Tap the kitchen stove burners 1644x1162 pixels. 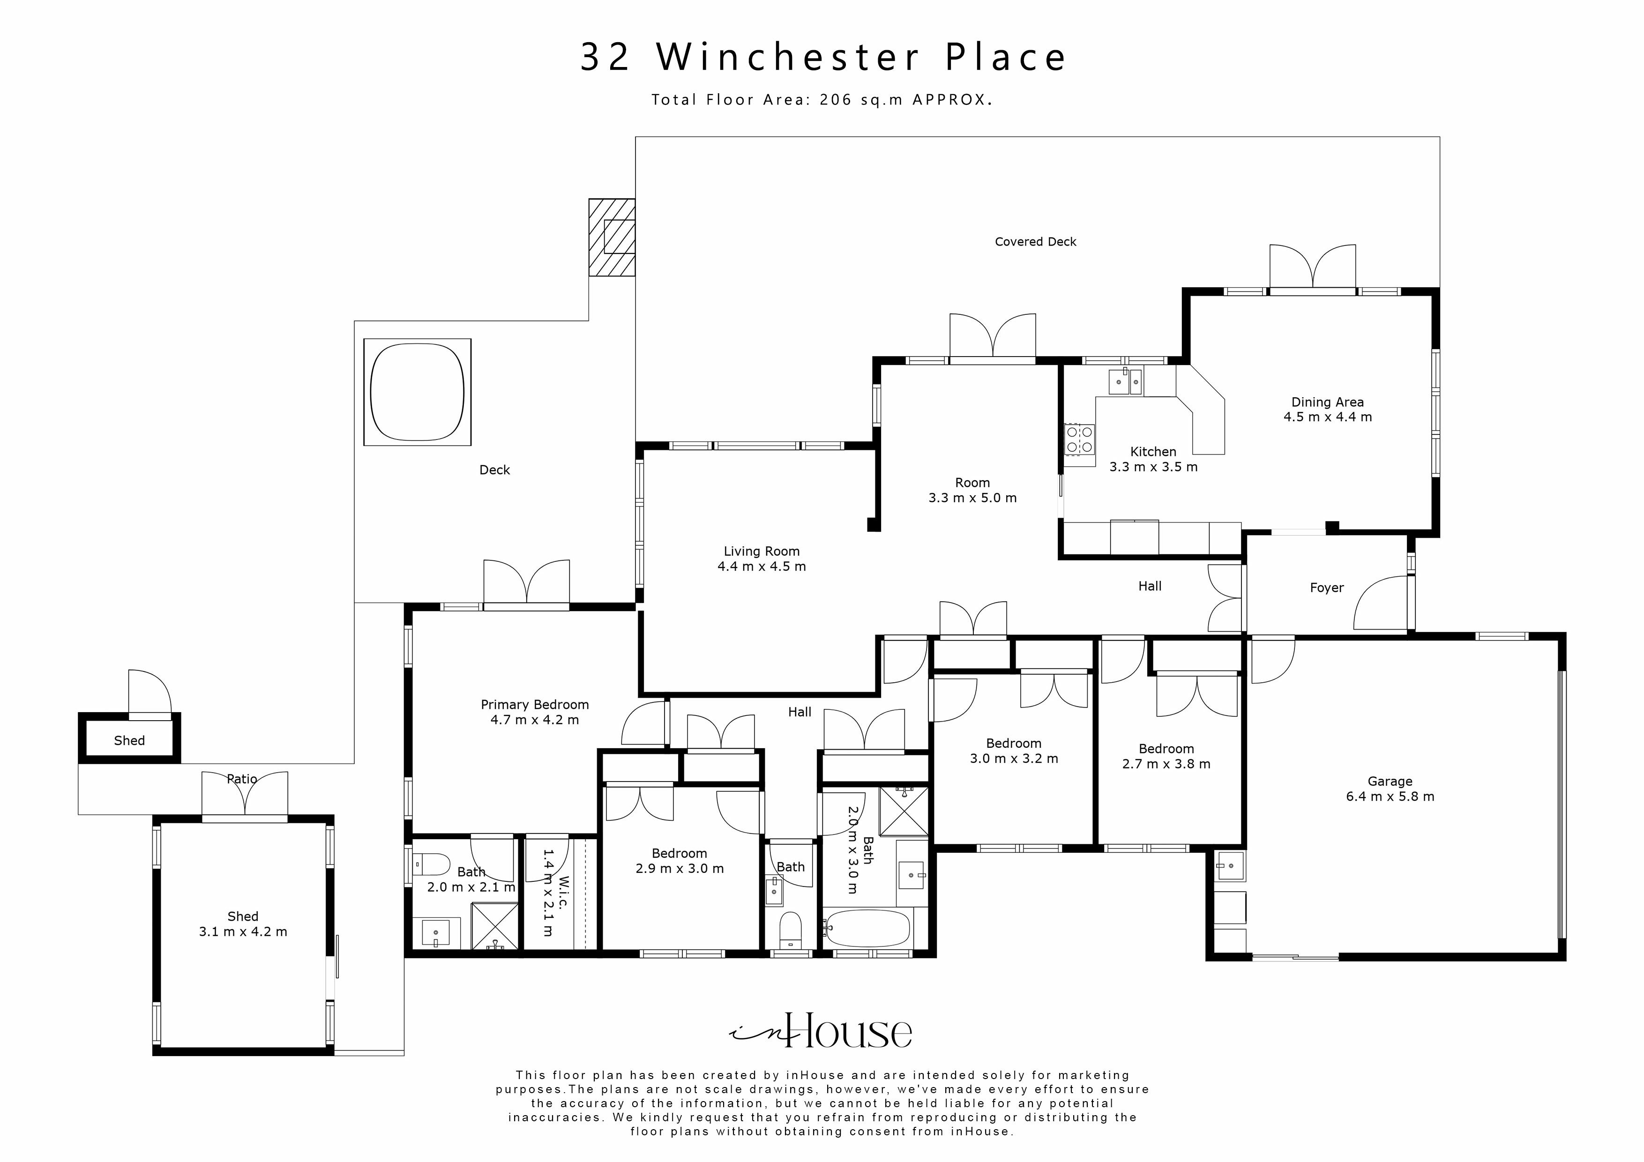[1079, 439]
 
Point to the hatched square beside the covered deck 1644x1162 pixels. [612, 237]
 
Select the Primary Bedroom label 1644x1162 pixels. [534, 705]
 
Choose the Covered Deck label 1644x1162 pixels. [1035, 242]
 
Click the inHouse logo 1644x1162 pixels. [821, 1031]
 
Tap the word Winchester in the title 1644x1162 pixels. [788, 57]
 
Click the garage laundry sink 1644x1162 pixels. [1230, 866]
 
